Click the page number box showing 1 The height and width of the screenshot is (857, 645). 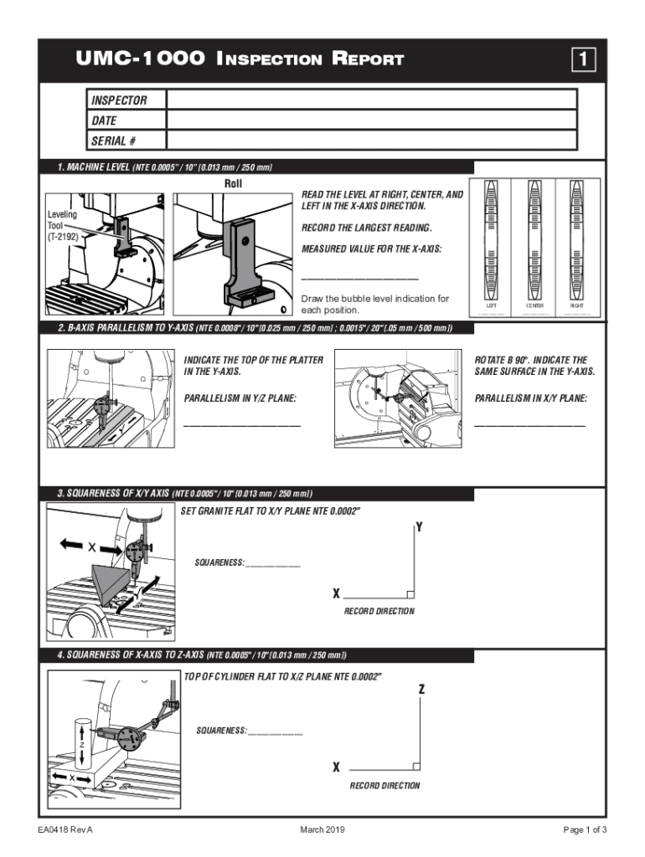(584, 59)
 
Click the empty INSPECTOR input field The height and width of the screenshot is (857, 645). (372, 100)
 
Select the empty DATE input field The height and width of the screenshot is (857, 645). (372, 121)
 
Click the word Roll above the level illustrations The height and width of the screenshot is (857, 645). (234, 183)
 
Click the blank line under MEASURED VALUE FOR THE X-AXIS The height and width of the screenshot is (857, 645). (359, 278)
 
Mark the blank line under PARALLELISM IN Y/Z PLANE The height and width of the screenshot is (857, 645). (241, 425)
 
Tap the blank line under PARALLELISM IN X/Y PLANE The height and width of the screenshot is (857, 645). (529, 425)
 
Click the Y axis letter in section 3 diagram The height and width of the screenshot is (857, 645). (419, 528)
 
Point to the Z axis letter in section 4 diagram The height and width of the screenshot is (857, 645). (421, 690)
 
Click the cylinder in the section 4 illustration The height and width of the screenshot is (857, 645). (85, 741)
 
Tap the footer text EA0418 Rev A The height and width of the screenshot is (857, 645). (59, 829)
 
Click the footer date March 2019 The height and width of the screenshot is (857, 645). (322, 829)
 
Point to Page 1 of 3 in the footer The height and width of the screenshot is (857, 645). (585, 829)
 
